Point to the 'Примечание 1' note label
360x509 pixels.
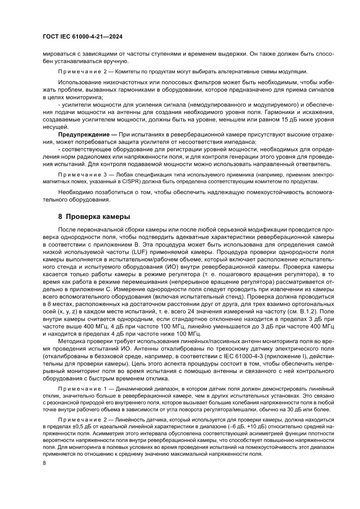(80, 388)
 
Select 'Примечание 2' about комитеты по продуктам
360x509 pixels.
(80, 71)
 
